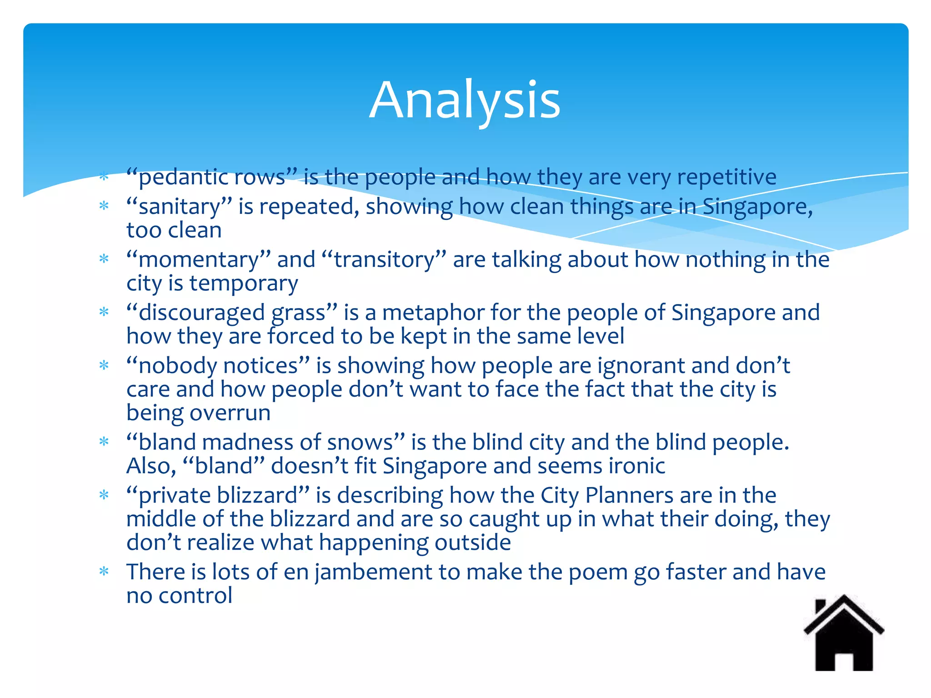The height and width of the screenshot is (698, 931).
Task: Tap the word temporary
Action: tap(244, 284)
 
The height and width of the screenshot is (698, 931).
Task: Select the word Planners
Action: tap(629, 495)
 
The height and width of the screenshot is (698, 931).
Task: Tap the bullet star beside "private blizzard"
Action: tap(104, 495)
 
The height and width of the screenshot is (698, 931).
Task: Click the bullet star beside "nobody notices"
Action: tap(104, 365)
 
